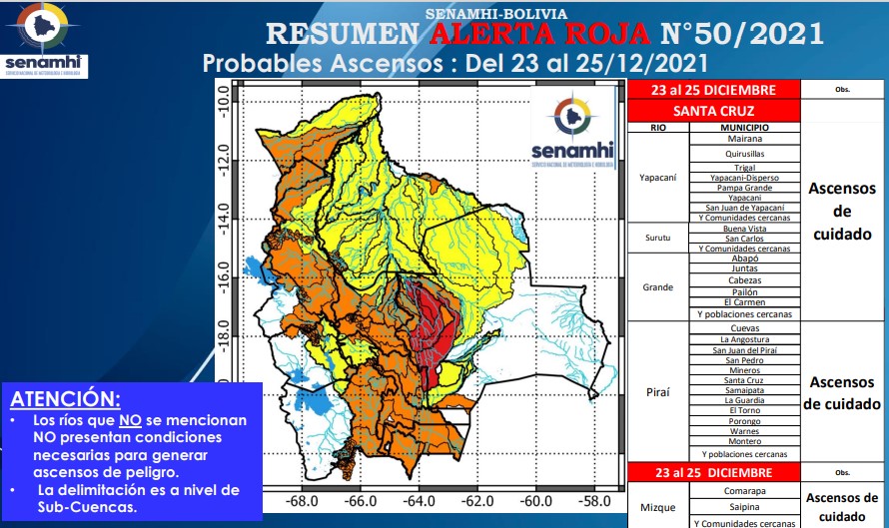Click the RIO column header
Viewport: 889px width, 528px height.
(x=657, y=128)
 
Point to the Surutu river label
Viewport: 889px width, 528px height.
(x=657, y=239)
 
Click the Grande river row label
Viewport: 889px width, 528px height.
(x=657, y=286)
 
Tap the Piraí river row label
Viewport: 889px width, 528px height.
(x=657, y=391)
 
